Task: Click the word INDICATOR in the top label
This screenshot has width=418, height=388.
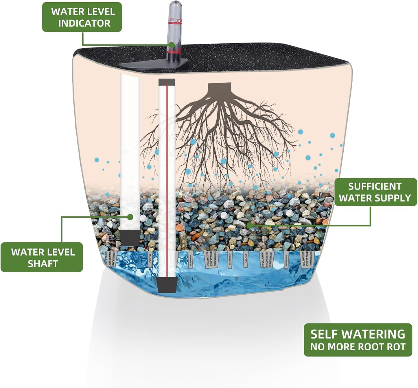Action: tap(84, 23)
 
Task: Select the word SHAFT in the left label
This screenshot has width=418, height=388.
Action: tap(43, 264)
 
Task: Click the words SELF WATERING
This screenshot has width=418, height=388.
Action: tap(358, 334)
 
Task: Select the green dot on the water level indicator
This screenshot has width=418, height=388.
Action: tap(172, 45)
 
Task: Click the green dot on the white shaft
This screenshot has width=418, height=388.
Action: tap(130, 217)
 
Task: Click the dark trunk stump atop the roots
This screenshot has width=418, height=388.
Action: tap(220, 88)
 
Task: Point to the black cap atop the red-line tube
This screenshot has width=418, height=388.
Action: tap(167, 82)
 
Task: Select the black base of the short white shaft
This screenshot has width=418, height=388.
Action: tap(130, 238)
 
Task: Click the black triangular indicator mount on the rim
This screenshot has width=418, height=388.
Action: tap(153, 64)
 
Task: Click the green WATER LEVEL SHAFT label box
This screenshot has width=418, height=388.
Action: tap(42, 257)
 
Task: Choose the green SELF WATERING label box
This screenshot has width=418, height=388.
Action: tap(358, 340)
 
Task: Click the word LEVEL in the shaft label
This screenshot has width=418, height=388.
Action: tap(62, 252)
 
